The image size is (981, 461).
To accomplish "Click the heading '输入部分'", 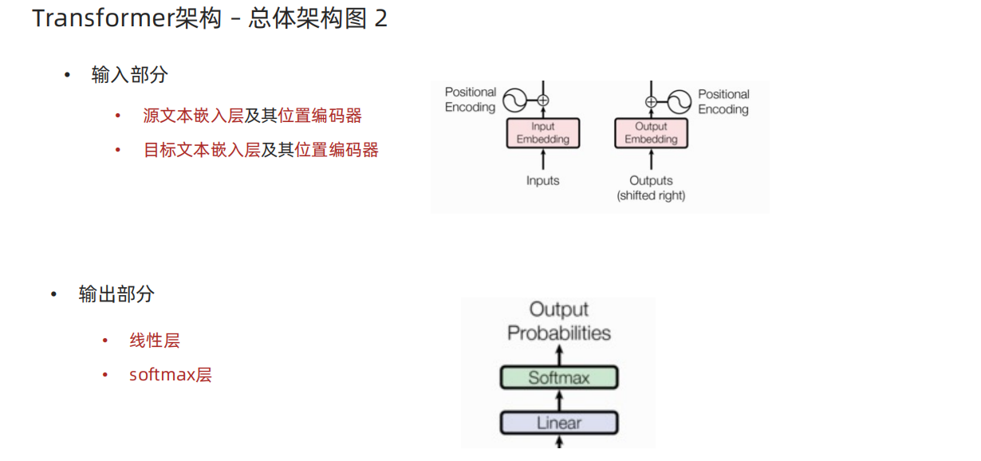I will [x=129, y=76].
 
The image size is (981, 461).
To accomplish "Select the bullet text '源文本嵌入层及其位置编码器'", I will [x=252, y=116].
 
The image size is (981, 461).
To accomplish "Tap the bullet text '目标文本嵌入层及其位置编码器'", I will [x=260, y=150].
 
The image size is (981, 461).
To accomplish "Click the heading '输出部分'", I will [x=116, y=294].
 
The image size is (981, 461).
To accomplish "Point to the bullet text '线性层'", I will [x=155, y=341].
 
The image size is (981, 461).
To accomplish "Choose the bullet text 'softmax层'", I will [x=170, y=375].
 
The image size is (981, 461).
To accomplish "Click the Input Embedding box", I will [x=543, y=133].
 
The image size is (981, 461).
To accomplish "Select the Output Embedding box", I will [x=651, y=133].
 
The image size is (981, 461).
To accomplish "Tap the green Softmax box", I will [x=559, y=377].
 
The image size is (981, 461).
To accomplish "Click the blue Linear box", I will [x=559, y=423].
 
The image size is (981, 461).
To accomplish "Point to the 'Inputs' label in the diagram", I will [x=543, y=181].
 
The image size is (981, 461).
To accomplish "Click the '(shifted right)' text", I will [x=651, y=195].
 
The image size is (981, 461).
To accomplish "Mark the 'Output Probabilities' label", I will [x=559, y=321].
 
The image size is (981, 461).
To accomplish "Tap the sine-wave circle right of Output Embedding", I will [x=679, y=101].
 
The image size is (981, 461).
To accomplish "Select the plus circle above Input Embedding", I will [x=543, y=100].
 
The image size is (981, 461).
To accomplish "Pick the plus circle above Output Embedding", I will [x=651, y=101].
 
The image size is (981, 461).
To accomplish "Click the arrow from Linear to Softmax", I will [x=559, y=400].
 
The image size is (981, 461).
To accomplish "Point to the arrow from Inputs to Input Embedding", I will [x=543, y=160].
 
